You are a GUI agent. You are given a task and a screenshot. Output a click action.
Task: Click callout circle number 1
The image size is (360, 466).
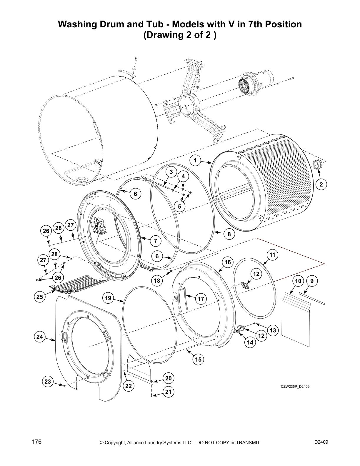195,160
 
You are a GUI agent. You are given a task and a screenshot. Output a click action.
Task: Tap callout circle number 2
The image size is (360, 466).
321,184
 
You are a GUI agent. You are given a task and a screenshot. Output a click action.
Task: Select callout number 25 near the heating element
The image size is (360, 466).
40,297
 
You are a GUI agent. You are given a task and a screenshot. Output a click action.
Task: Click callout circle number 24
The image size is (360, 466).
40,337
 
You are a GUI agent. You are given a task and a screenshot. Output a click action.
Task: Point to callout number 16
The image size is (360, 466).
228,262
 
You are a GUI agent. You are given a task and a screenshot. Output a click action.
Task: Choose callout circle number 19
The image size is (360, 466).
108,298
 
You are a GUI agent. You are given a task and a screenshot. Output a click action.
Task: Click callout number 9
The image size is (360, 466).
312,281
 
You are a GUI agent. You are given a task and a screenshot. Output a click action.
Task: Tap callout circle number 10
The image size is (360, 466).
298,281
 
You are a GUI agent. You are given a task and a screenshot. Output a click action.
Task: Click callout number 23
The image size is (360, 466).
48,382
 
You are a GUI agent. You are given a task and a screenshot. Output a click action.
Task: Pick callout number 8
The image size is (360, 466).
229,234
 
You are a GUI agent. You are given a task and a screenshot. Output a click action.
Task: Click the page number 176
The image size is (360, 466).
37,442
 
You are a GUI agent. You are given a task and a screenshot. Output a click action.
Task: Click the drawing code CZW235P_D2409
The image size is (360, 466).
295,387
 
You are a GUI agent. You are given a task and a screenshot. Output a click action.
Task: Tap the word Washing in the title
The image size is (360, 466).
77,24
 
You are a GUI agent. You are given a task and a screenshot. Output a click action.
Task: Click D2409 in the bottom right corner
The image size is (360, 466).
321,442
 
